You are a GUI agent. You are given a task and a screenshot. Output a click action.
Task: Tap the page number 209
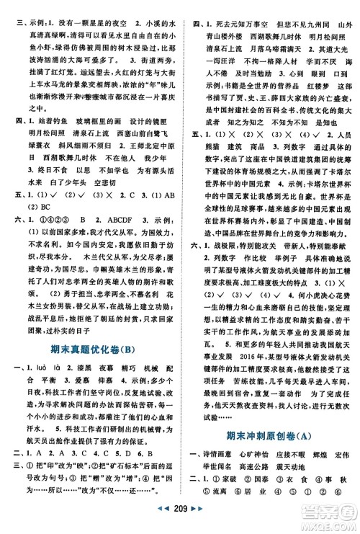pos(179,521)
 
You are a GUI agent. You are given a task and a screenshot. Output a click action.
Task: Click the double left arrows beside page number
pos(161,521)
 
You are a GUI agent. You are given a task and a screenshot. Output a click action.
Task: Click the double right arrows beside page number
pos(199,521)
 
